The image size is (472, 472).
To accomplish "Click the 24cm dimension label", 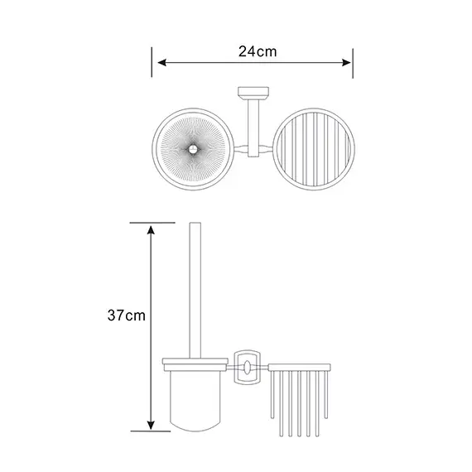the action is tap(258, 51).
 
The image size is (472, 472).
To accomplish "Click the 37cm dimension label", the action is tap(127, 315).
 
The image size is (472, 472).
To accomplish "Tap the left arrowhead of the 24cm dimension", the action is tap(162, 63).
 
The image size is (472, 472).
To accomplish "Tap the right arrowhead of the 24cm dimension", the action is tap(346, 63).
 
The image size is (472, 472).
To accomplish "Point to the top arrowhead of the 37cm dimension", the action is tap(151, 230).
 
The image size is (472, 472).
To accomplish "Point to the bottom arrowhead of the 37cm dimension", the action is tap(151, 426).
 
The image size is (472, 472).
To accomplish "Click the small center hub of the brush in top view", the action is tap(192, 149).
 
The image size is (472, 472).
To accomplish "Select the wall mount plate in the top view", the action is tap(253, 91).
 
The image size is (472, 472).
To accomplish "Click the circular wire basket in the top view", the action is tap(314, 110).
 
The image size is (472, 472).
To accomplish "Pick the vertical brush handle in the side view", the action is tap(195, 291).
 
